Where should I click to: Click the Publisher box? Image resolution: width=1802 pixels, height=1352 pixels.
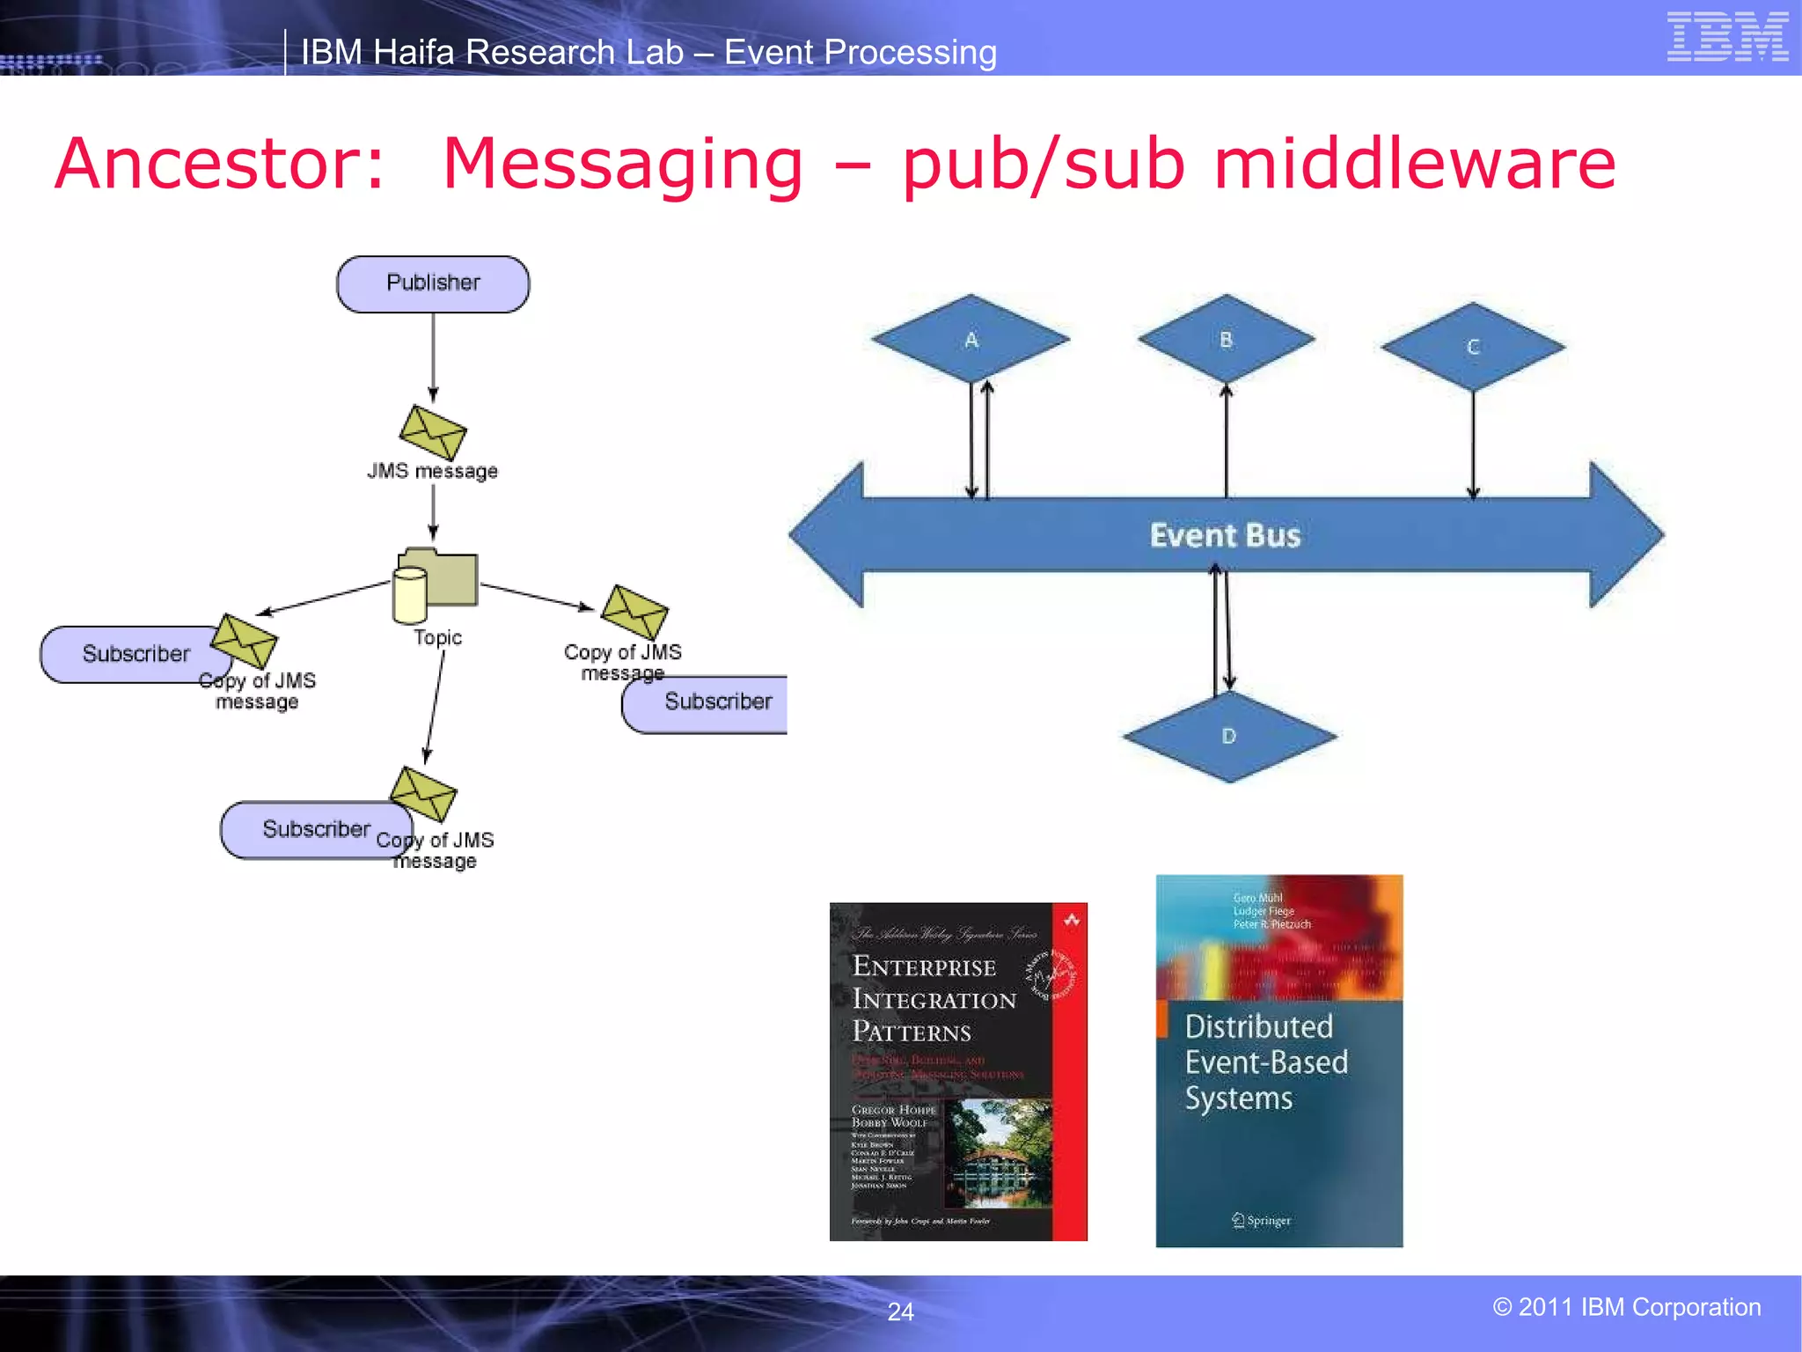[x=433, y=283]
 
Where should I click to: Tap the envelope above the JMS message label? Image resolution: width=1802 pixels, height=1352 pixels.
[x=432, y=432]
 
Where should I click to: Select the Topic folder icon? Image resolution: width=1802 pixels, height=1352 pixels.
[x=436, y=584]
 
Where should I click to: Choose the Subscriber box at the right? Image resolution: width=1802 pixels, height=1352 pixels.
[x=709, y=702]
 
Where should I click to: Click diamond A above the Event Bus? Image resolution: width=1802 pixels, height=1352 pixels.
[x=971, y=339]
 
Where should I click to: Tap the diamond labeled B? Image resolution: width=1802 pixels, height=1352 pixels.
[x=1226, y=339]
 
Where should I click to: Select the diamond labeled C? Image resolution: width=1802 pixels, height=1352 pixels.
[x=1473, y=347]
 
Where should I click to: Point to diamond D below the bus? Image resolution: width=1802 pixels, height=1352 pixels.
[x=1228, y=736]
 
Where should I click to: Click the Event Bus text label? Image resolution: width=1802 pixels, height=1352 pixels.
[x=1225, y=535]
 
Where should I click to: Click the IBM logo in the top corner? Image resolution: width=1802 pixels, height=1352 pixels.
[x=1727, y=37]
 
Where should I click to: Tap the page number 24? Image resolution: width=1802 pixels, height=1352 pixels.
[x=900, y=1312]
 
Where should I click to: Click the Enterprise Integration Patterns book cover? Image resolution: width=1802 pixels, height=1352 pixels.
[x=957, y=1071]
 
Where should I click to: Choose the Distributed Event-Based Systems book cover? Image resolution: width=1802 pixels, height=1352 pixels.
[x=1278, y=1061]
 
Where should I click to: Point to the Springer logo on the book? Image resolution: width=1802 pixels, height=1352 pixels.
[x=1262, y=1220]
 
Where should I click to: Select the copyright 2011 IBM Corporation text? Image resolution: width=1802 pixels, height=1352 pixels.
[x=1626, y=1307]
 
